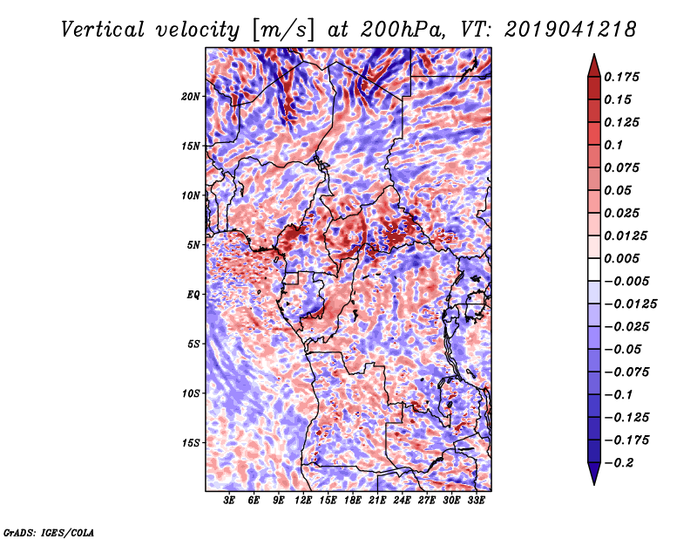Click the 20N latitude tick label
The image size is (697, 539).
[x=191, y=96]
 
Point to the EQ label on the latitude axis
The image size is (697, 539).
[x=193, y=294]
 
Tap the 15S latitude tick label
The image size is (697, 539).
[x=191, y=442]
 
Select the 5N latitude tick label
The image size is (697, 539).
[x=193, y=244]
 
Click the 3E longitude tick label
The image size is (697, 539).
[x=230, y=501]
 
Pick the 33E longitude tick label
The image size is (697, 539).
[x=476, y=501]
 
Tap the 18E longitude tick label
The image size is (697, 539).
[x=353, y=501]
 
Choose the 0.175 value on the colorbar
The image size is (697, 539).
[x=621, y=77]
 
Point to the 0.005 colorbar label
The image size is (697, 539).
[x=621, y=258]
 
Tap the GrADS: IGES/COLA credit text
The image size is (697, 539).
[x=48, y=531]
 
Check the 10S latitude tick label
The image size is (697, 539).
[x=191, y=393]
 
